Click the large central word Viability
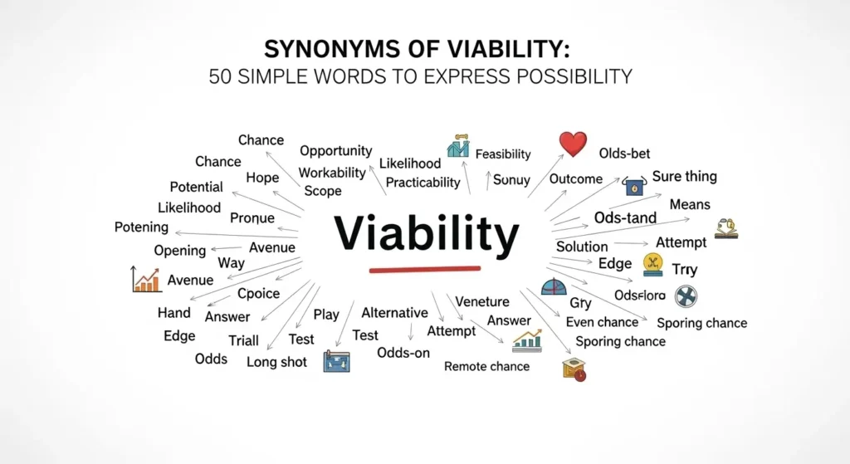pos(426,234)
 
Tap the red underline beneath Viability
pos(424,269)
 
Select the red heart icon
pos(573,144)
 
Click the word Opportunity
pos(335,151)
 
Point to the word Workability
pos(332,173)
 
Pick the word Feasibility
pos(503,154)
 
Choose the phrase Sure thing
pos(684,177)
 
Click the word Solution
pos(582,247)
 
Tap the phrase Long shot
pos(277,362)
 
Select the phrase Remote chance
pos(486,366)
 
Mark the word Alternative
pos(394,313)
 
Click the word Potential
pos(196,187)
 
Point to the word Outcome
pos(576,178)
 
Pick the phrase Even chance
pos(602,322)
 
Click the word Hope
pos(262,178)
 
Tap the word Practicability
pos(423,182)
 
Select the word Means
pos(690,203)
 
